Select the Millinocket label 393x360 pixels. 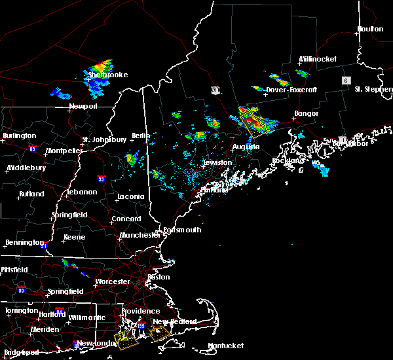point(318,59)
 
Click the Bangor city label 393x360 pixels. point(306,113)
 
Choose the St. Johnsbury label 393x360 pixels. point(104,139)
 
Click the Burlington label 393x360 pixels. point(19,135)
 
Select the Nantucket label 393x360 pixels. point(226,346)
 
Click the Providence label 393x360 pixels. point(140,311)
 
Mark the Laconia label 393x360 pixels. point(130,196)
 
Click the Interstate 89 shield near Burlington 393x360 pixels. point(32,149)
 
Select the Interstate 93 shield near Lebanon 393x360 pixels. point(101,179)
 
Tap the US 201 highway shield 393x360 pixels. point(215,88)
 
